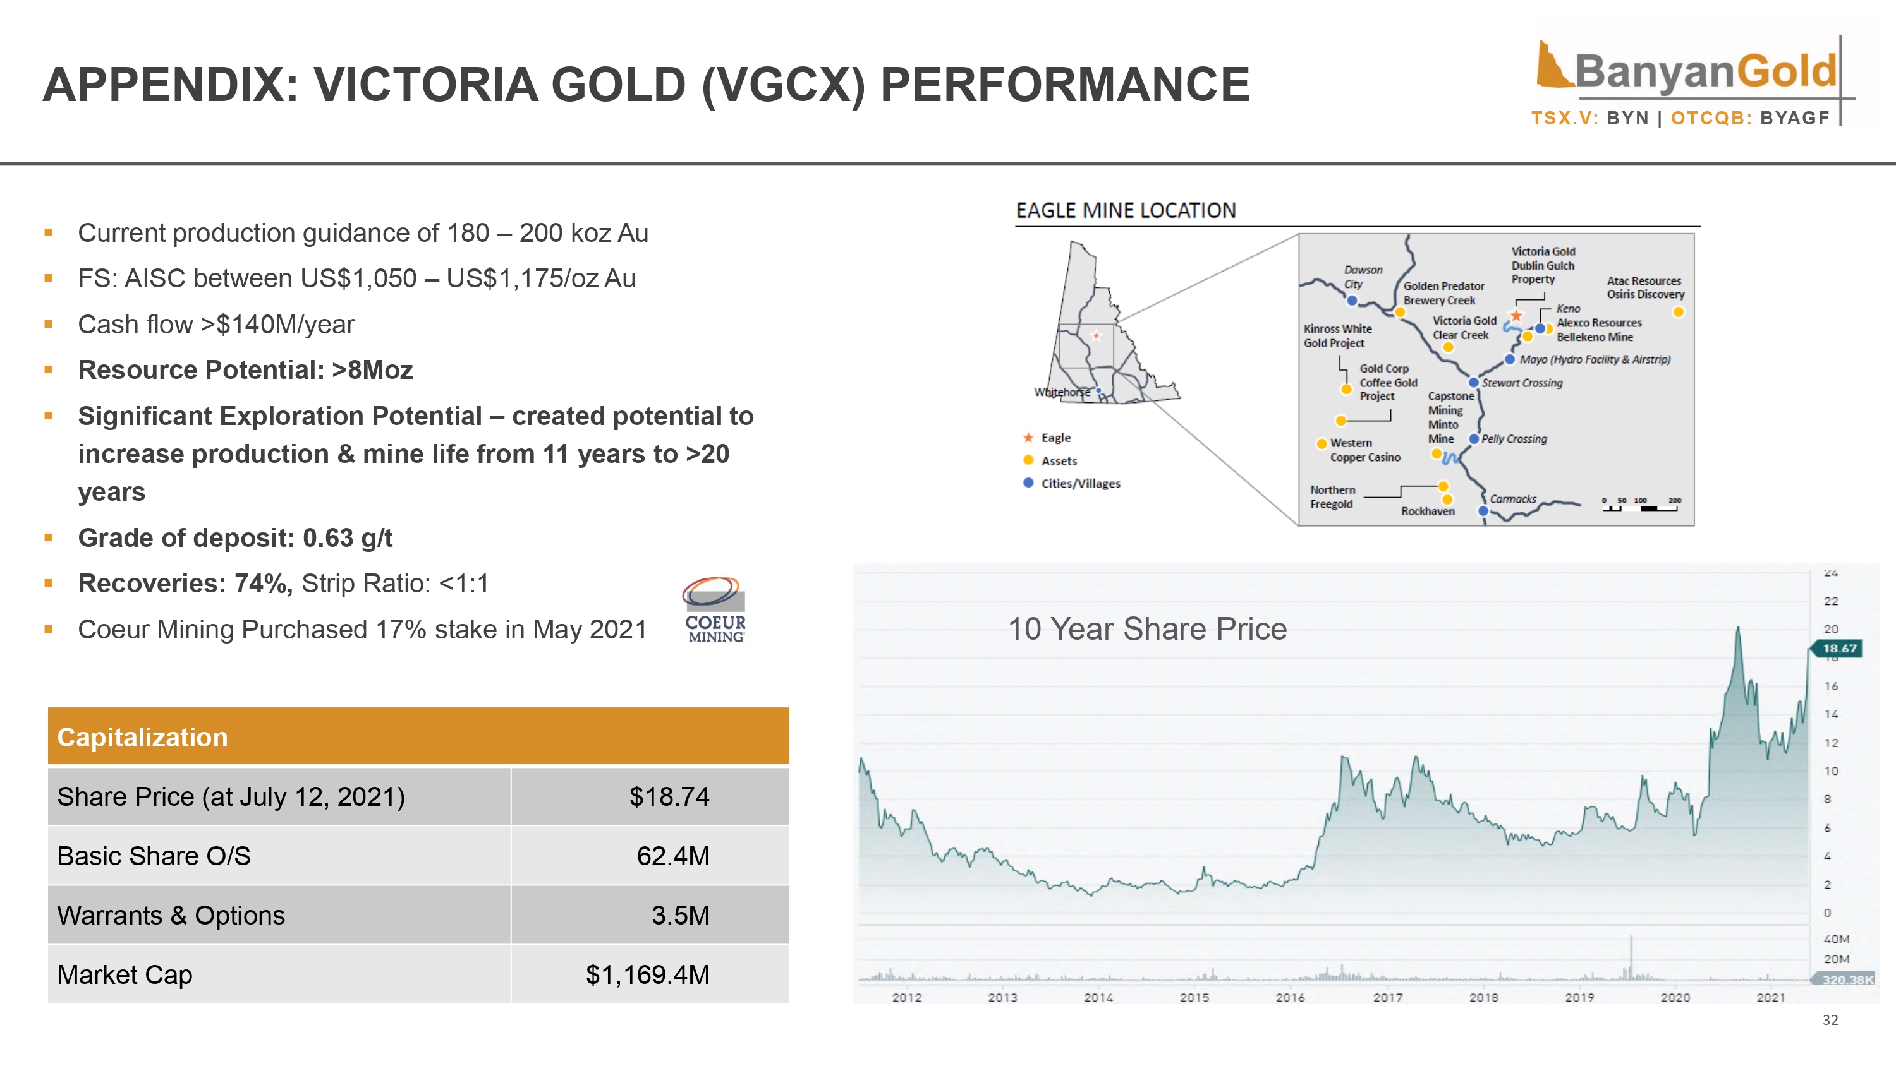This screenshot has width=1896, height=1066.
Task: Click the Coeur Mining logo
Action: point(715,610)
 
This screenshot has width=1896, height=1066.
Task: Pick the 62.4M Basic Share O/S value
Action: point(672,856)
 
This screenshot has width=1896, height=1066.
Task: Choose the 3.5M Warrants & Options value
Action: point(680,915)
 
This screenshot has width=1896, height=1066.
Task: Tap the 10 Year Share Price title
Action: point(1146,629)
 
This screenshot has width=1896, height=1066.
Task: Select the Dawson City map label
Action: point(1363,277)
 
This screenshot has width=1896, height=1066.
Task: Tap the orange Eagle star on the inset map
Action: point(1516,316)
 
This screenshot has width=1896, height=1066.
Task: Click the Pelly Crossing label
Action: point(1514,439)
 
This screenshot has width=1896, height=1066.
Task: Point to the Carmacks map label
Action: point(1513,500)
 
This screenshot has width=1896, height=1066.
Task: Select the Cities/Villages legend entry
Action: point(1072,483)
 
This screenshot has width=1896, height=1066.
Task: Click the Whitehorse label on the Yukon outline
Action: point(1061,392)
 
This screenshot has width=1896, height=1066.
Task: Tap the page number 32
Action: point(1830,1021)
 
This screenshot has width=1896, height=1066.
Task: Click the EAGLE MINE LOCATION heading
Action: point(1126,210)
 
